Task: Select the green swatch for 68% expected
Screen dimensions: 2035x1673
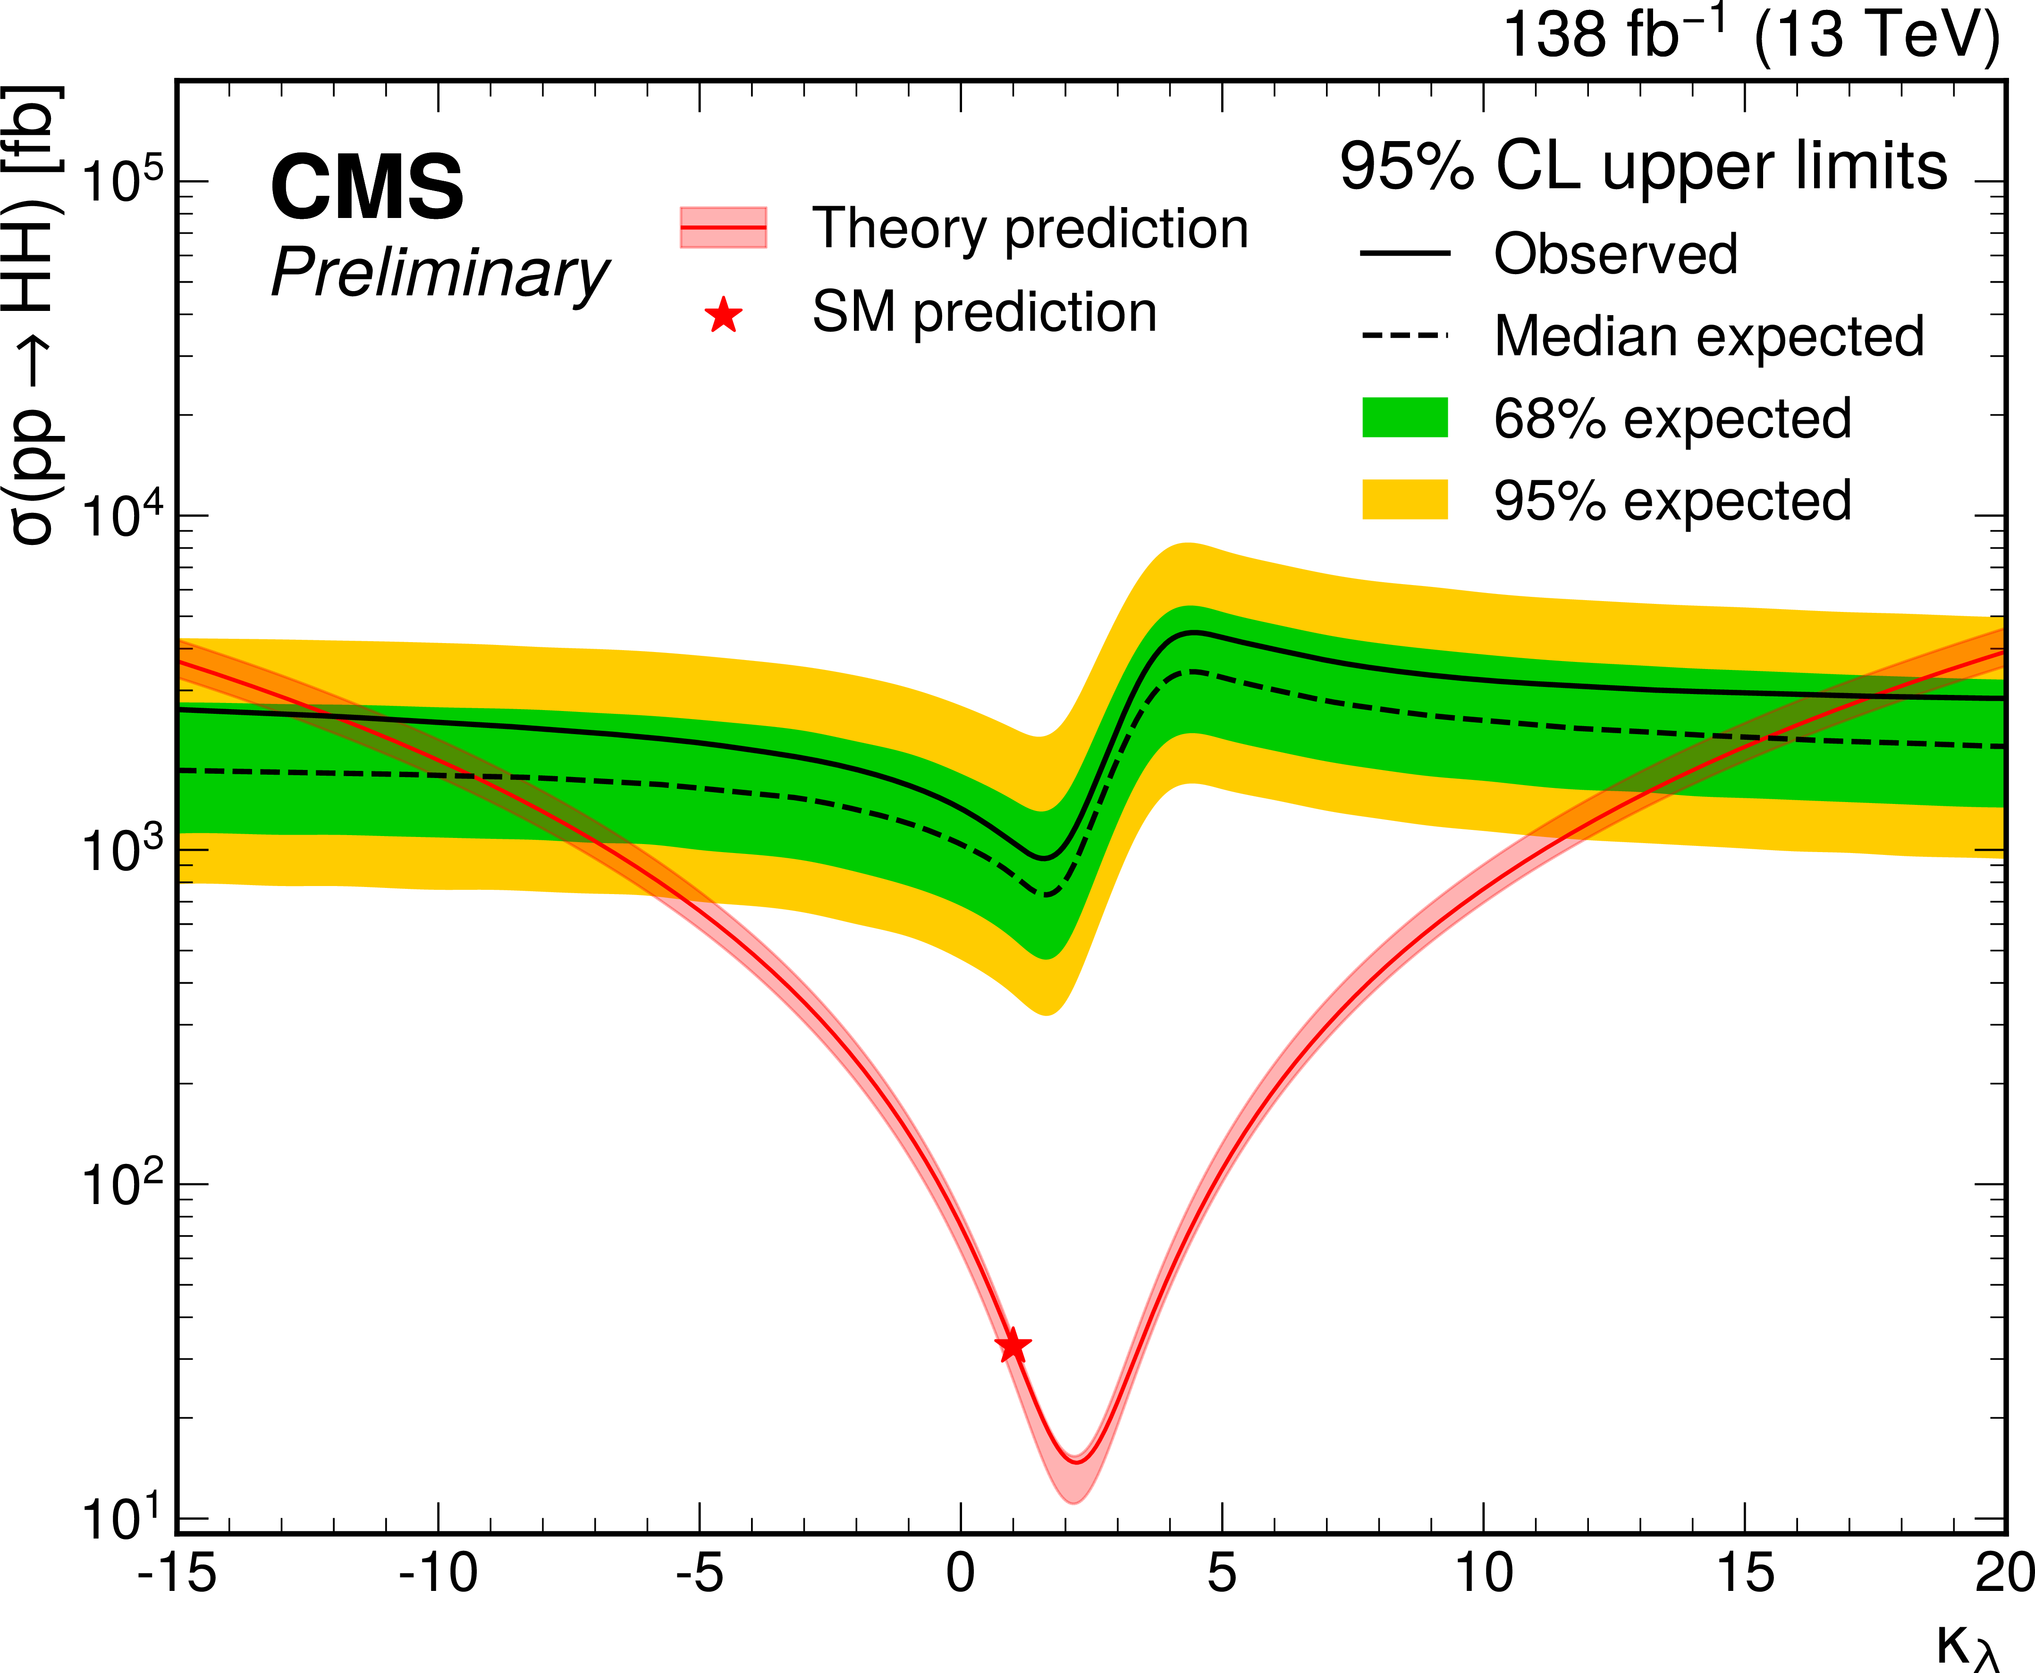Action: pyautogui.click(x=1404, y=417)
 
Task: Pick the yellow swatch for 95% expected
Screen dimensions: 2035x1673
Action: pyautogui.click(x=1404, y=499)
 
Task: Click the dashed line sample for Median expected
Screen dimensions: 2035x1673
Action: pyautogui.click(x=1404, y=335)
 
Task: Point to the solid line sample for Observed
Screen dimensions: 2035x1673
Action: pyautogui.click(x=1404, y=253)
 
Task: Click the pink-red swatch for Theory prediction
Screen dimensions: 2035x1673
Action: pyautogui.click(x=723, y=227)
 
